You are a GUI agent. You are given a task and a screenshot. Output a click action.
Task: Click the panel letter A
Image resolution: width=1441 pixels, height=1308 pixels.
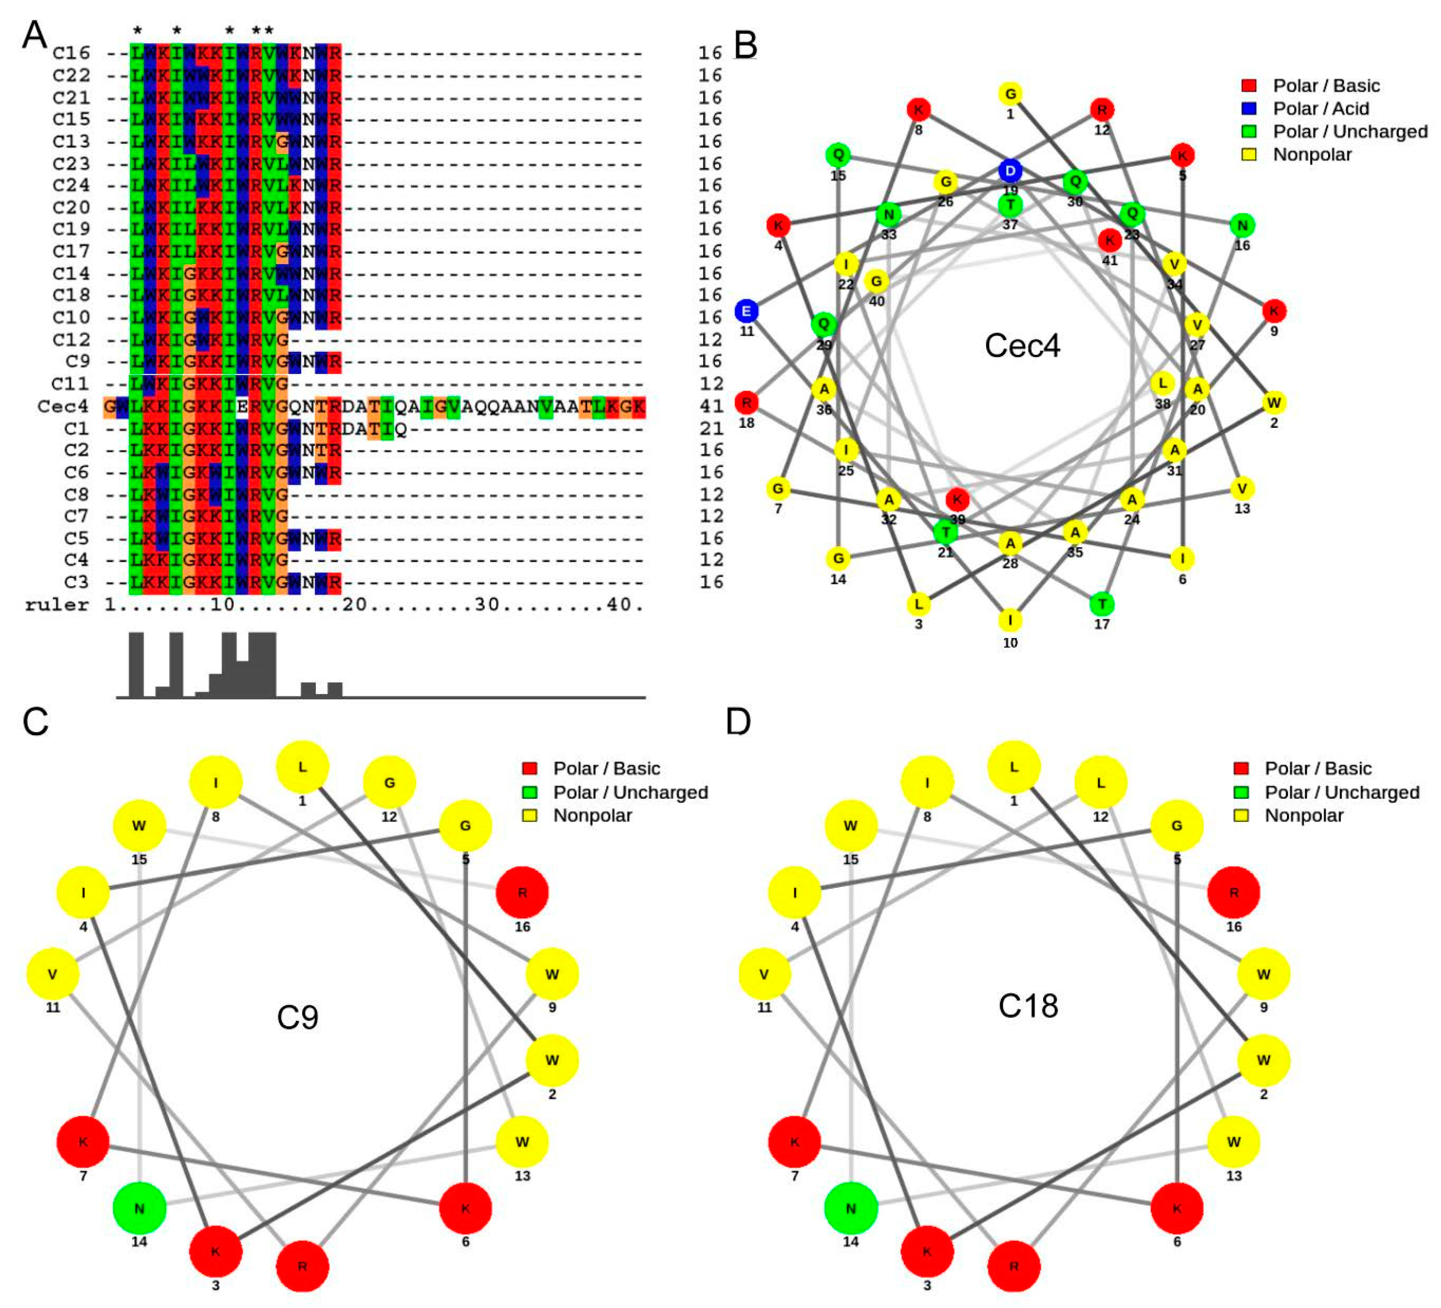point(34,34)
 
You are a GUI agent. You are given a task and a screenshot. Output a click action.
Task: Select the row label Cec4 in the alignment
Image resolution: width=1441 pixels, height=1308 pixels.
point(63,406)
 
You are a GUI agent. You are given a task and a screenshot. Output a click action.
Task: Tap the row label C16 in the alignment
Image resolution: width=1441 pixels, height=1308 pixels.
point(72,53)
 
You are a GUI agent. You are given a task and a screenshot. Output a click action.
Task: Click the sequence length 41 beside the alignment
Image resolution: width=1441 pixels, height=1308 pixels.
point(711,406)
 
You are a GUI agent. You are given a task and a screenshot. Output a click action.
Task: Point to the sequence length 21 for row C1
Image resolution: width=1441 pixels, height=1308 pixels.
point(711,428)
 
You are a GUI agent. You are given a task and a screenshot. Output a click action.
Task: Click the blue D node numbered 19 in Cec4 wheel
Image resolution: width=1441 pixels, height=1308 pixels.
point(1009,171)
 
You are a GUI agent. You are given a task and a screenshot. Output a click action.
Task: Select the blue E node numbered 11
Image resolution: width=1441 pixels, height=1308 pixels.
point(746,311)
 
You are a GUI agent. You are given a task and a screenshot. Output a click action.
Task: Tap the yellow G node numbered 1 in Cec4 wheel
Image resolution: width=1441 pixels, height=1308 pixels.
point(1010,94)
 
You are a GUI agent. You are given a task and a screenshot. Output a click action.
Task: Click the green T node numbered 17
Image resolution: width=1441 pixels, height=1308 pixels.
point(1102,604)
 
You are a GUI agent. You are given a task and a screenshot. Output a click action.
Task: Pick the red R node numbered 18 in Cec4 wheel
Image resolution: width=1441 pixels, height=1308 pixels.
point(746,402)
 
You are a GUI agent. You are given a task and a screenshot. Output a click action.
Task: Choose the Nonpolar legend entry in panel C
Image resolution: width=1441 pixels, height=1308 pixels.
point(592,815)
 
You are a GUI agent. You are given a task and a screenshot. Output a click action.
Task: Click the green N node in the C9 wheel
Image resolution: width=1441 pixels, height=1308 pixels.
point(139,1209)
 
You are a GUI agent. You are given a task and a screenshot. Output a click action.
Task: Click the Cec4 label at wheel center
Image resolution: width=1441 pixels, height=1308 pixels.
point(1022,346)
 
